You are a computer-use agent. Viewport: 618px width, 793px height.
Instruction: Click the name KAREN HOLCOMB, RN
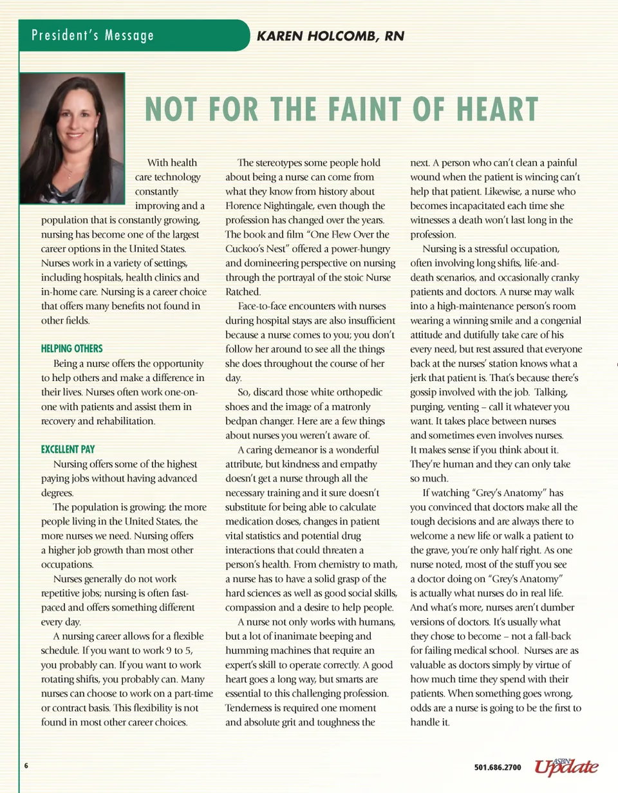point(330,36)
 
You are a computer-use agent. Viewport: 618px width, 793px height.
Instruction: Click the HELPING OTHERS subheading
point(71,348)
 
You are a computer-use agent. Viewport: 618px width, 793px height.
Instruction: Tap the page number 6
point(26,766)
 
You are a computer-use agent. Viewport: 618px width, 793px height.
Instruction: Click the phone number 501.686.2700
point(498,767)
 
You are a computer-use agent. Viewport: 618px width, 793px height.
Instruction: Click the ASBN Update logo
point(566,766)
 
